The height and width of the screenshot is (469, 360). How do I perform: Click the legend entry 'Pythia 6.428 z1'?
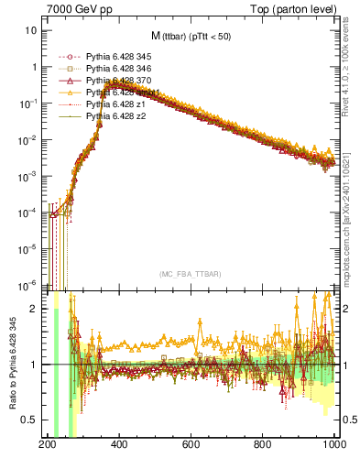point(115,104)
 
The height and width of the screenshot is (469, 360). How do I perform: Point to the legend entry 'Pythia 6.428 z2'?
point(115,116)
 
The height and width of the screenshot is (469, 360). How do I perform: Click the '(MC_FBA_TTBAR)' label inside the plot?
point(190,275)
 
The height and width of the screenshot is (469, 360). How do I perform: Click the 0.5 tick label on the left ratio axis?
point(33,420)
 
